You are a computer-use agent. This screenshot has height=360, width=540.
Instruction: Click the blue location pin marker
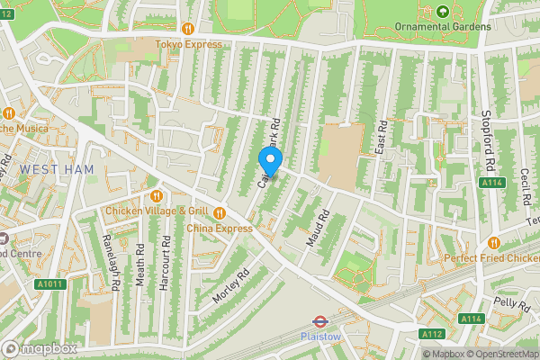coord(270,162)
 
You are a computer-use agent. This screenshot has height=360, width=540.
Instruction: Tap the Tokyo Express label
coord(188,43)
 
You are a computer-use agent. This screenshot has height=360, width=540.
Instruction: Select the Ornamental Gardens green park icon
coord(442,12)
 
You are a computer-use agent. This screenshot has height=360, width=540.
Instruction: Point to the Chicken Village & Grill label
coord(157,211)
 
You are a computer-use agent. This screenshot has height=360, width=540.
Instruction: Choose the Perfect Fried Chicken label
coord(490,258)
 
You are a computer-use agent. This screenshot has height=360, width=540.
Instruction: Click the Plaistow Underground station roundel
coord(319,320)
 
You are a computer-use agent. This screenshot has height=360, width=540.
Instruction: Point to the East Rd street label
coord(381,135)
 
